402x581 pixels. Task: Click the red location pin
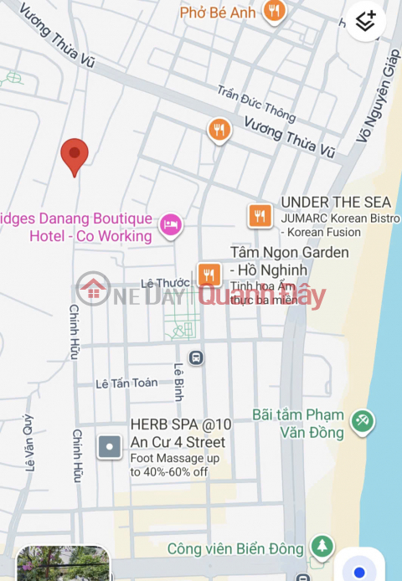tap(75, 155)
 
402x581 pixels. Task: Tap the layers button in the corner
tap(366, 21)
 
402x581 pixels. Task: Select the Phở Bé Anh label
tap(218, 13)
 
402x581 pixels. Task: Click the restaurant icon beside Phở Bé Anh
tap(272, 11)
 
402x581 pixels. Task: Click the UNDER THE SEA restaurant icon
tap(260, 216)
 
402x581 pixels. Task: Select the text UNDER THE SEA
tap(336, 202)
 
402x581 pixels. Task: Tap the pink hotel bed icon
tap(171, 224)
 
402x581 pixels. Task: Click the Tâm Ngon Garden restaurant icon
tap(209, 274)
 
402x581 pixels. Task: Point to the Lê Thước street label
tap(165, 283)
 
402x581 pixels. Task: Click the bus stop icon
tap(196, 357)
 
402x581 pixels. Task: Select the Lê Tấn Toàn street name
tap(126, 383)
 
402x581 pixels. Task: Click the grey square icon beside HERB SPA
tap(110, 447)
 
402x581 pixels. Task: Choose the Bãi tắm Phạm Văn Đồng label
tap(298, 424)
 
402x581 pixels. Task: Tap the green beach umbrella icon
tap(362, 421)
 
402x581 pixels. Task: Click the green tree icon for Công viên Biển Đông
tap(321, 547)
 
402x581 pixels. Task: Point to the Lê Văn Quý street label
tap(30, 454)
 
